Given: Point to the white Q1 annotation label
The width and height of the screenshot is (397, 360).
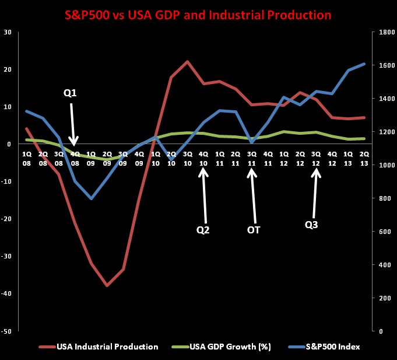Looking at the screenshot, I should coord(71,92).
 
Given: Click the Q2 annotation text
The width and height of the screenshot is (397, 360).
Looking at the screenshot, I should coord(203,230).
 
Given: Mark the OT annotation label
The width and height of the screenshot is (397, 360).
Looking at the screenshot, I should coord(253,230).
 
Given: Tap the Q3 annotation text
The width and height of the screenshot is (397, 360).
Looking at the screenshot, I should coord(311,224).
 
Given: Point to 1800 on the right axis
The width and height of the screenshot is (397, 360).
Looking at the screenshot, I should coord(381,32).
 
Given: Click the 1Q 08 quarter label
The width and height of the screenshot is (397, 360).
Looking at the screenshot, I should coord(27,157).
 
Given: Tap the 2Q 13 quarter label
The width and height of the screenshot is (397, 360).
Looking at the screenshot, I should coord(364,157).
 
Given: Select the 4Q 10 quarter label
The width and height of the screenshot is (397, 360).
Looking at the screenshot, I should coord(203,157).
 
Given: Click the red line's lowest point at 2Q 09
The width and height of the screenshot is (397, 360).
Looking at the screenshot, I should coord(107,285).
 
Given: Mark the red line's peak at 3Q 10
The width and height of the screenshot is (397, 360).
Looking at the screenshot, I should coord(187,61).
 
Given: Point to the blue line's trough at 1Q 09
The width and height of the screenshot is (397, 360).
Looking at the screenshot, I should coord(92,198).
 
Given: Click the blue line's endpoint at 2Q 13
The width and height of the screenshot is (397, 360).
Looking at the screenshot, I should coord(364,64).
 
